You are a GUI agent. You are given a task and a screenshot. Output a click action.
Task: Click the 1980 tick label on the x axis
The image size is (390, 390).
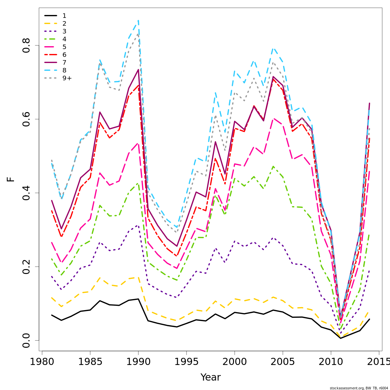42,362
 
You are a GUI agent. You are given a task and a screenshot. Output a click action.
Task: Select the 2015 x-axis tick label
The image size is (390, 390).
378,362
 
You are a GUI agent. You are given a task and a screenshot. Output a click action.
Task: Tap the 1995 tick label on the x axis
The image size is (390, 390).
186,362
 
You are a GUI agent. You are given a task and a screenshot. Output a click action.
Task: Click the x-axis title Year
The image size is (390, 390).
210,377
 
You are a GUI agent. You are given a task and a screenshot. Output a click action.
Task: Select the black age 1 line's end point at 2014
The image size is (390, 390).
369,319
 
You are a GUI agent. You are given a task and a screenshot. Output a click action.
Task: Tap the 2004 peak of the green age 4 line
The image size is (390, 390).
273,166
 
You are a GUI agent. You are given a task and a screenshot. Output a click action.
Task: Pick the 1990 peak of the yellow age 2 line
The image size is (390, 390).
138,277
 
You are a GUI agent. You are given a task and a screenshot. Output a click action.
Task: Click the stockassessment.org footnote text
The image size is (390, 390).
359,388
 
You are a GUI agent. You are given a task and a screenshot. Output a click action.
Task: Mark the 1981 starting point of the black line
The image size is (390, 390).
52,315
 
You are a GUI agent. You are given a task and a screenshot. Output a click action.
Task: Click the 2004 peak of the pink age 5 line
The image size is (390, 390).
273,119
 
